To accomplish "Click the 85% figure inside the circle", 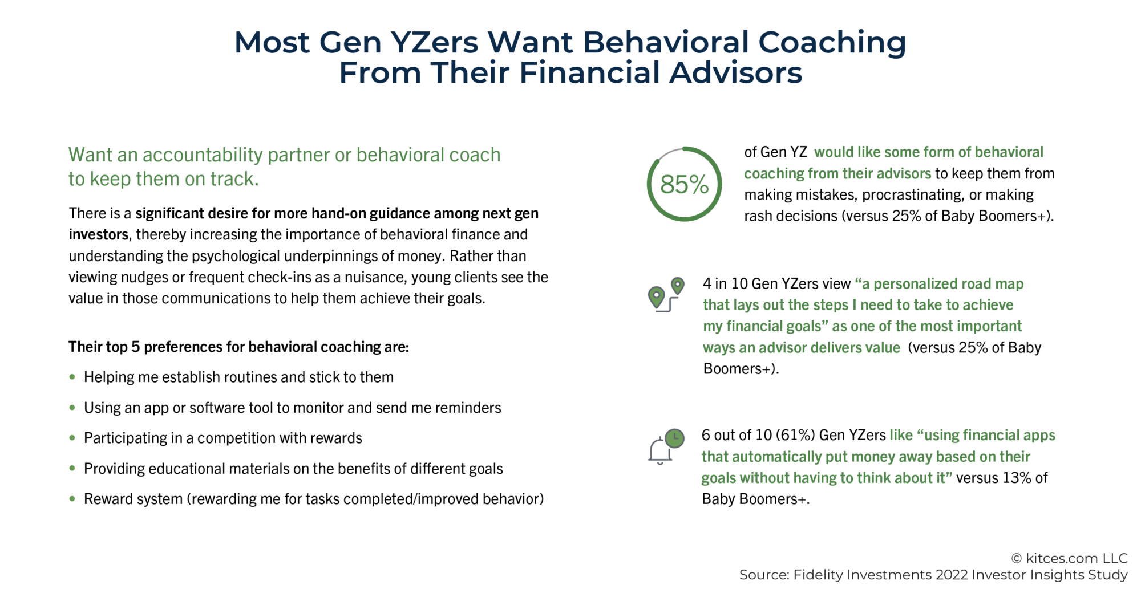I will [684, 185].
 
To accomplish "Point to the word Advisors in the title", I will [735, 73].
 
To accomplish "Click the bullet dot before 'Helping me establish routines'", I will [72, 377].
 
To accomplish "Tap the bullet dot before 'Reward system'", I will [72, 499].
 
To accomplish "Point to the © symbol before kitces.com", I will [1016, 559].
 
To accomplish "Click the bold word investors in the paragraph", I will [98, 235].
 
